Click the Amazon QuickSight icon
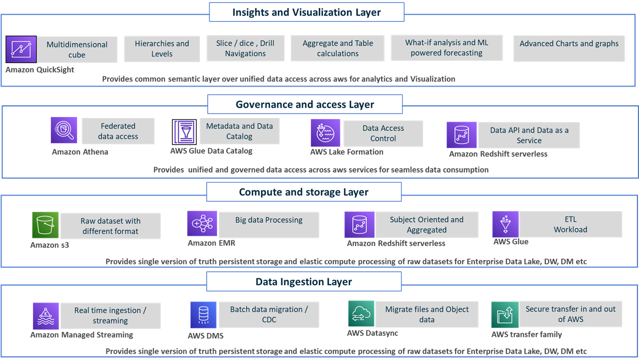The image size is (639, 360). pos(21,49)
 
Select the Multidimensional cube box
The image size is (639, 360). pos(77,49)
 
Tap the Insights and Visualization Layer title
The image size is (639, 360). pos(306,12)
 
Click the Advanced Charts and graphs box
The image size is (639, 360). pos(569,48)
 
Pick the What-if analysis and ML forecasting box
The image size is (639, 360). pos(446,48)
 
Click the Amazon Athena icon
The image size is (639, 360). pos(64,130)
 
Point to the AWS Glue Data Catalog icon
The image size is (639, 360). pos(184,132)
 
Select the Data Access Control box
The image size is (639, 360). pos(383,133)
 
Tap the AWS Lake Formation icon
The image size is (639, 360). pos(325,133)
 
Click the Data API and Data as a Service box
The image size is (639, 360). pos(529,135)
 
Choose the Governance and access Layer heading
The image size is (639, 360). pos(305,104)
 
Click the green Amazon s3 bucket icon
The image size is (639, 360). pos(45,225)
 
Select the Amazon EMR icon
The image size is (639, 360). pos(202,224)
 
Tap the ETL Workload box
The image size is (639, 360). pos(570,224)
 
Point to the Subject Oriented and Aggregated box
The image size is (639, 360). pos(427,225)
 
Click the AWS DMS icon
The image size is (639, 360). pos(203,315)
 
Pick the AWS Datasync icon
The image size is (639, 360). pos(361,314)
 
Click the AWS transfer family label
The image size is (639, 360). pos(526,335)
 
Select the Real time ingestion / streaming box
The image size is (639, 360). pos(110,315)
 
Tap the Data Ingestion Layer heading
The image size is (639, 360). pos(304,282)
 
